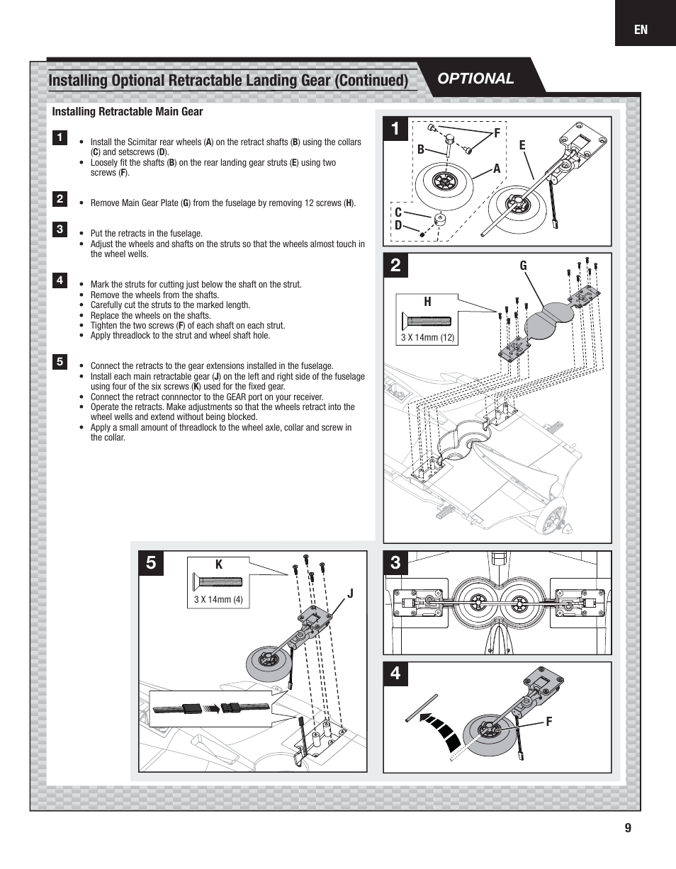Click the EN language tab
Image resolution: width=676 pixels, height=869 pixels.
(x=641, y=30)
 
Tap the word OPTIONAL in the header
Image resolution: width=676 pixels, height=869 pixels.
(x=475, y=79)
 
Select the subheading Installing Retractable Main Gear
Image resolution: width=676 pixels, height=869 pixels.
(x=128, y=112)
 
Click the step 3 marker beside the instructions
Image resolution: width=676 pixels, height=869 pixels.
(x=60, y=229)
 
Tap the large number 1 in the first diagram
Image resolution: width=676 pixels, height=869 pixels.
(x=395, y=128)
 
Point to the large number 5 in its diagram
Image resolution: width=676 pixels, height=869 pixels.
(x=151, y=564)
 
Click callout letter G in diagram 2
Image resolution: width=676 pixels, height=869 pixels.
(x=524, y=266)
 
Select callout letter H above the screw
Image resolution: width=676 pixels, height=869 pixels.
(x=427, y=302)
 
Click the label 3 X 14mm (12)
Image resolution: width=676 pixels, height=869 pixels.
(x=427, y=338)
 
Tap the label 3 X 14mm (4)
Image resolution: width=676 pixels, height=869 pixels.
(x=218, y=600)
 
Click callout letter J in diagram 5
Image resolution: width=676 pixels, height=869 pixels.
(x=349, y=593)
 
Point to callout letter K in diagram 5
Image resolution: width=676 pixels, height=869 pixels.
(x=219, y=565)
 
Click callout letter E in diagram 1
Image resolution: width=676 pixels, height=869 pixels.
(x=522, y=145)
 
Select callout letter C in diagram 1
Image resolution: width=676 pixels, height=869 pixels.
(x=398, y=212)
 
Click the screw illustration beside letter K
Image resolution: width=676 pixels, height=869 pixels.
(x=218, y=582)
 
